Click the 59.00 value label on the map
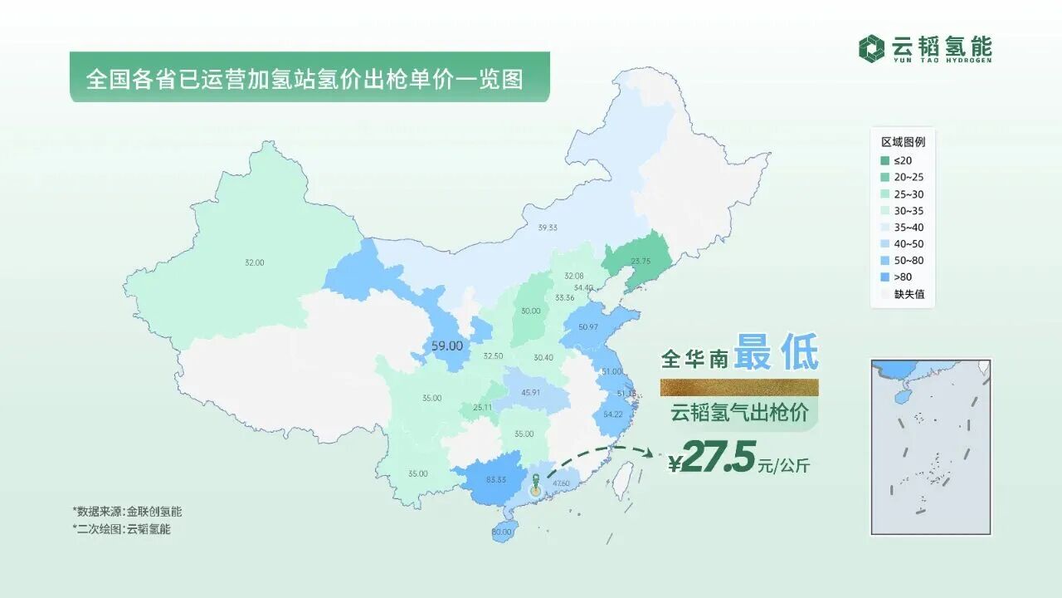pos(446,345)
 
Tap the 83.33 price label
pos(497,479)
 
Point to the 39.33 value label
pos(547,227)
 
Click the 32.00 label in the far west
pos(254,262)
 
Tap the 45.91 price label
pos(530,392)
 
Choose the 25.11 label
pos(482,408)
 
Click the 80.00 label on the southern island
pos(501,532)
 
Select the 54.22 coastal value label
pos(613,414)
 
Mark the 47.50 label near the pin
pos(560,483)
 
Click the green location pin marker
pos(536,483)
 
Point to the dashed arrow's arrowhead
pos(650,453)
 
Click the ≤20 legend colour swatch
pos(885,160)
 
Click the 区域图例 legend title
pos(903,141)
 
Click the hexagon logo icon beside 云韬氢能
pos(871,47)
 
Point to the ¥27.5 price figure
pos(712,460)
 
